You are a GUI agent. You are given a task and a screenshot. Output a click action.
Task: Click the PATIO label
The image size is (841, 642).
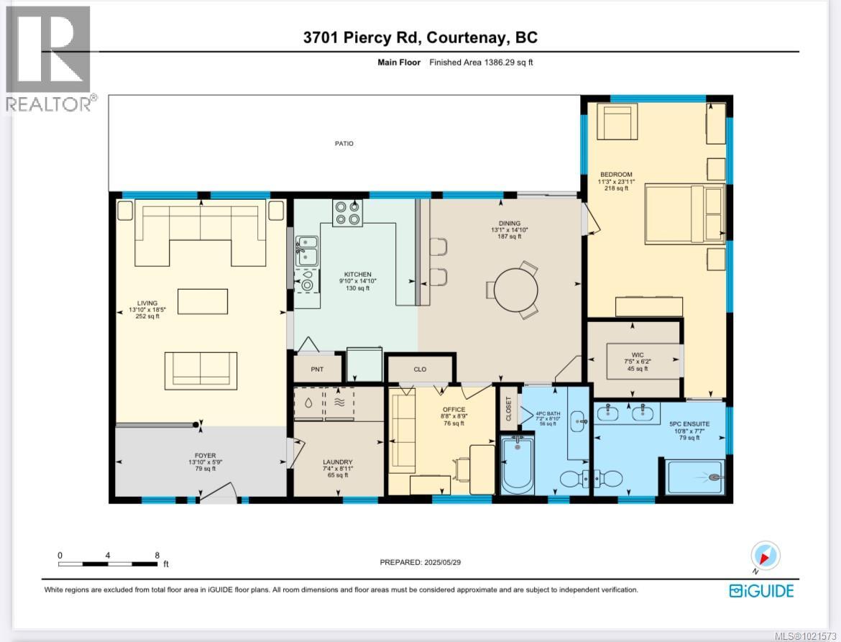pyautogui.click(x=344, y=144)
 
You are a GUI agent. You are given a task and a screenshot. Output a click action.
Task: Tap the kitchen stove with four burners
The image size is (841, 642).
pyautogui.click(x=347, y=213)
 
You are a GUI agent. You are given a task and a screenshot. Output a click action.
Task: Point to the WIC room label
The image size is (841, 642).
pyautogui.click(x=637, y=354)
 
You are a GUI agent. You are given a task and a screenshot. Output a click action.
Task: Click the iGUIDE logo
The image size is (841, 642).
pyautogui.click(x=761, y=591)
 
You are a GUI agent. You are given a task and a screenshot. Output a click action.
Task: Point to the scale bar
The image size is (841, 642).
pyautogui.click(x=108, y=564)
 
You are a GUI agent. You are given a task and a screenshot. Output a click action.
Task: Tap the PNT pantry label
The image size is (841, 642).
pyautogui.click(x=317, y=370)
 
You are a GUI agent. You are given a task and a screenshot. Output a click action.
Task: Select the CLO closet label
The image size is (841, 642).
pyautogui.click(x=420, y=370)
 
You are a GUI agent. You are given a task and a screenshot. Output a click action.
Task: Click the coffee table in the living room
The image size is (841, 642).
pyautogui.click(x=203, y=301)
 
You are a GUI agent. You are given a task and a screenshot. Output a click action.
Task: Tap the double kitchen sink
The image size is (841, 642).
pyautogui.click(x=306, y=252)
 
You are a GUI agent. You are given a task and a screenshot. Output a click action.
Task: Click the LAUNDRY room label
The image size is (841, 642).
pyautogui.click(x=337, y=462)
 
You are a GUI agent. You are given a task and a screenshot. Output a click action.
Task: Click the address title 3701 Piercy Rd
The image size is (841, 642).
pyautogui.click(x=420, y=38)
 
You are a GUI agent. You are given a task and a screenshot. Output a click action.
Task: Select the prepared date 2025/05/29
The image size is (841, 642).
pyautogui.click(x=420, y=563)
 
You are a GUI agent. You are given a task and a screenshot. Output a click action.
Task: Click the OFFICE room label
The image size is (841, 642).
pyautogui.click(x=454, y=410)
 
